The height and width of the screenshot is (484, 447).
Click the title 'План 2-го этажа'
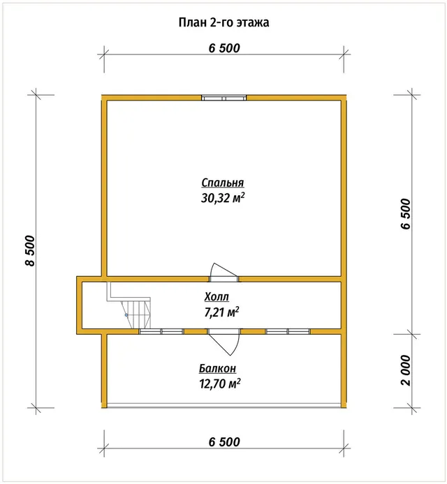223,22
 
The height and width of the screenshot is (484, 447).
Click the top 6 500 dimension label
224,48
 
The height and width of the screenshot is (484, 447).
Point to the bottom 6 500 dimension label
224,441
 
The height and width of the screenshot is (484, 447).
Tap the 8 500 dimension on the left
30,250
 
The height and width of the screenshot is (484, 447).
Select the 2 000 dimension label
406,370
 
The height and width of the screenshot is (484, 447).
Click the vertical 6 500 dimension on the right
406,214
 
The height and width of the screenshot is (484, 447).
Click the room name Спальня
223,183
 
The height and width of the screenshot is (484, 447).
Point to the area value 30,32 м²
223,197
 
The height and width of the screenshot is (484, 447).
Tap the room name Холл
217,297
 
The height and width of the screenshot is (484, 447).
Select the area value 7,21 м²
221,312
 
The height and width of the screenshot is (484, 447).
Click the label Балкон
218,368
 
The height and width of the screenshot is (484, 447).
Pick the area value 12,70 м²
220,384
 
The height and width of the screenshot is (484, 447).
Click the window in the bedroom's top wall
224,98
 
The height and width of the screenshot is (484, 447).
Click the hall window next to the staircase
161,331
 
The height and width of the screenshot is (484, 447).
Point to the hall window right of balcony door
288,331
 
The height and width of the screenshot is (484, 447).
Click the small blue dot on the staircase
126,315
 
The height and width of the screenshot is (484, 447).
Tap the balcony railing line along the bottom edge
224,406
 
